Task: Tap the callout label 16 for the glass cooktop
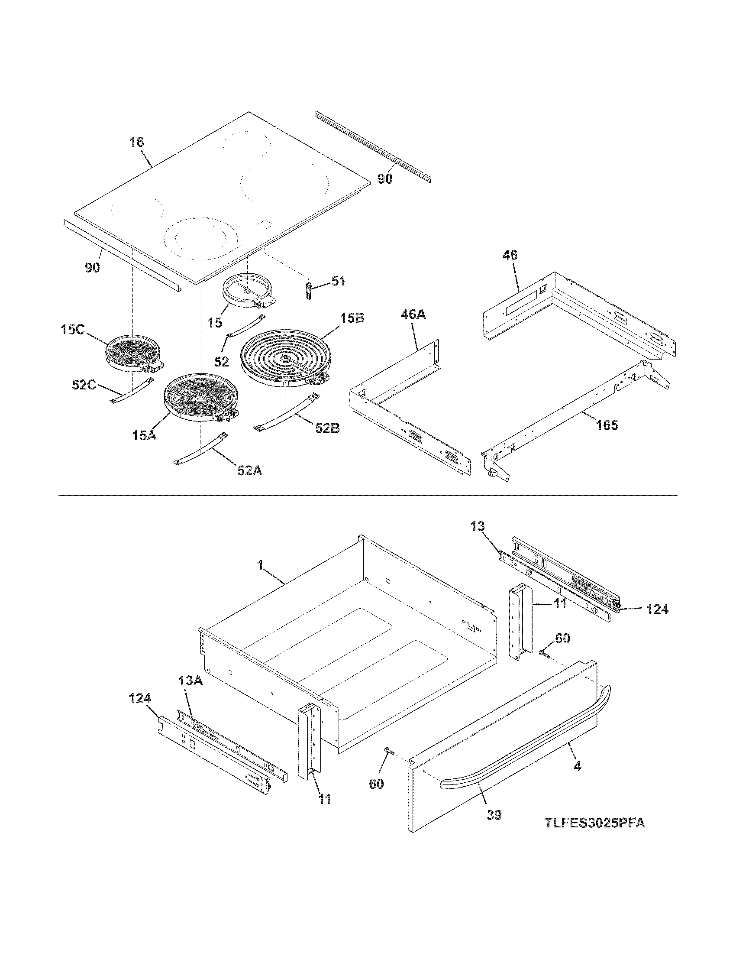[136, 142]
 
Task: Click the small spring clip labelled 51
[309, 290]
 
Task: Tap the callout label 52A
[250, 470]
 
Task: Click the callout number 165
[607, 425]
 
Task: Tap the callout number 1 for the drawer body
[260, 565]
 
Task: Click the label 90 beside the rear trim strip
[385, 178]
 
